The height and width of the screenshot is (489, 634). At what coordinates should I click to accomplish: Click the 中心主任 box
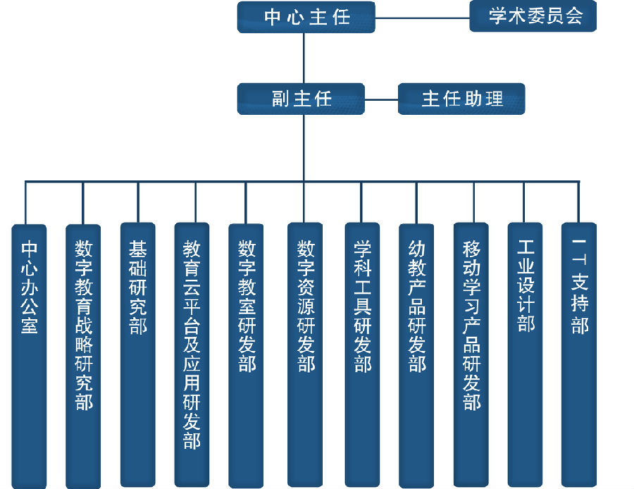pyautogui.click(x=306, y=17)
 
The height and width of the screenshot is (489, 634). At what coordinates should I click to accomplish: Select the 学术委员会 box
pyautogui.click(x=533, y=16)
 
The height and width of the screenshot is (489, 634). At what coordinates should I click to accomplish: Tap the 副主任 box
pyautogui.click(x=301, y=99)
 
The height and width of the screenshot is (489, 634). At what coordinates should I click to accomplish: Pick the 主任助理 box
pyautogui.click(x=461, y=99)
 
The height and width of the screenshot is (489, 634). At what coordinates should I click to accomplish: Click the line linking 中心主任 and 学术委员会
pyautogui.click(x=422, y=17)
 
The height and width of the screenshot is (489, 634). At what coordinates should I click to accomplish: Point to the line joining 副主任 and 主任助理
pyautogui.click(x=381, y=99)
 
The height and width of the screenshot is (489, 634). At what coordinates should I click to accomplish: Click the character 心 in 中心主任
pyautogui.click(x=294, y=17)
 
